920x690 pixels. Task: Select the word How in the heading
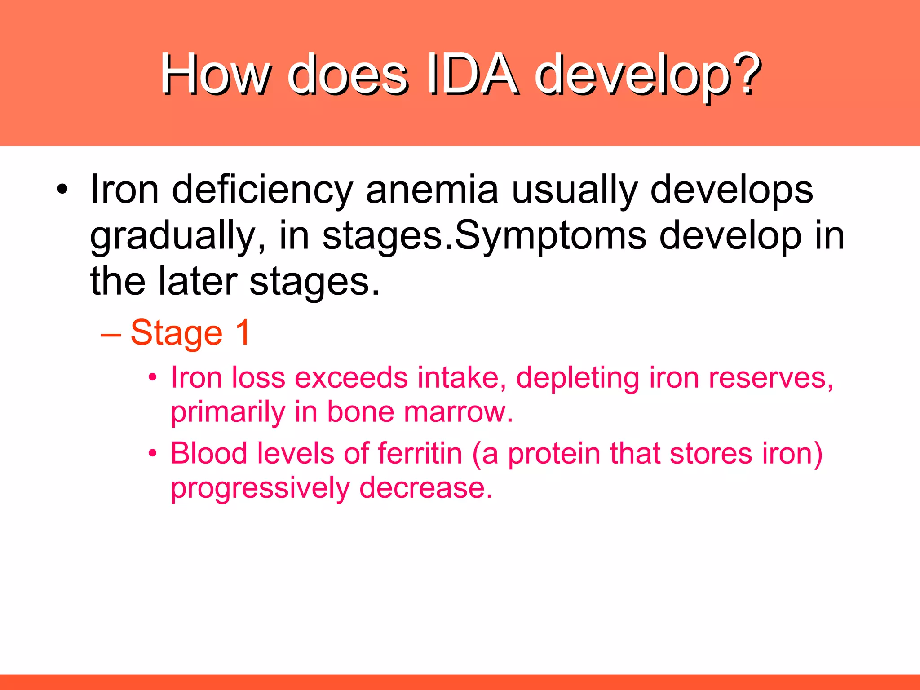tap(216, 74)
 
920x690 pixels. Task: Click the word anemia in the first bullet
tap(432, 190)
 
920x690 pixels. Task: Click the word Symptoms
tap(551, 237)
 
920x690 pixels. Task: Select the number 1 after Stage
tap(243, 332)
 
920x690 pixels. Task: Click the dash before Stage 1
tap(111, 334)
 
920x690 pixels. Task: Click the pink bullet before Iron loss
tap(153, 378)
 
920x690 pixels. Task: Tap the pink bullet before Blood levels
tap(153, 453)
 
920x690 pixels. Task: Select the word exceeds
tap(351, 377)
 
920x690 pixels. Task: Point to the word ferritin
tap(420, 453)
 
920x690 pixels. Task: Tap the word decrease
tap(425, 488)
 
